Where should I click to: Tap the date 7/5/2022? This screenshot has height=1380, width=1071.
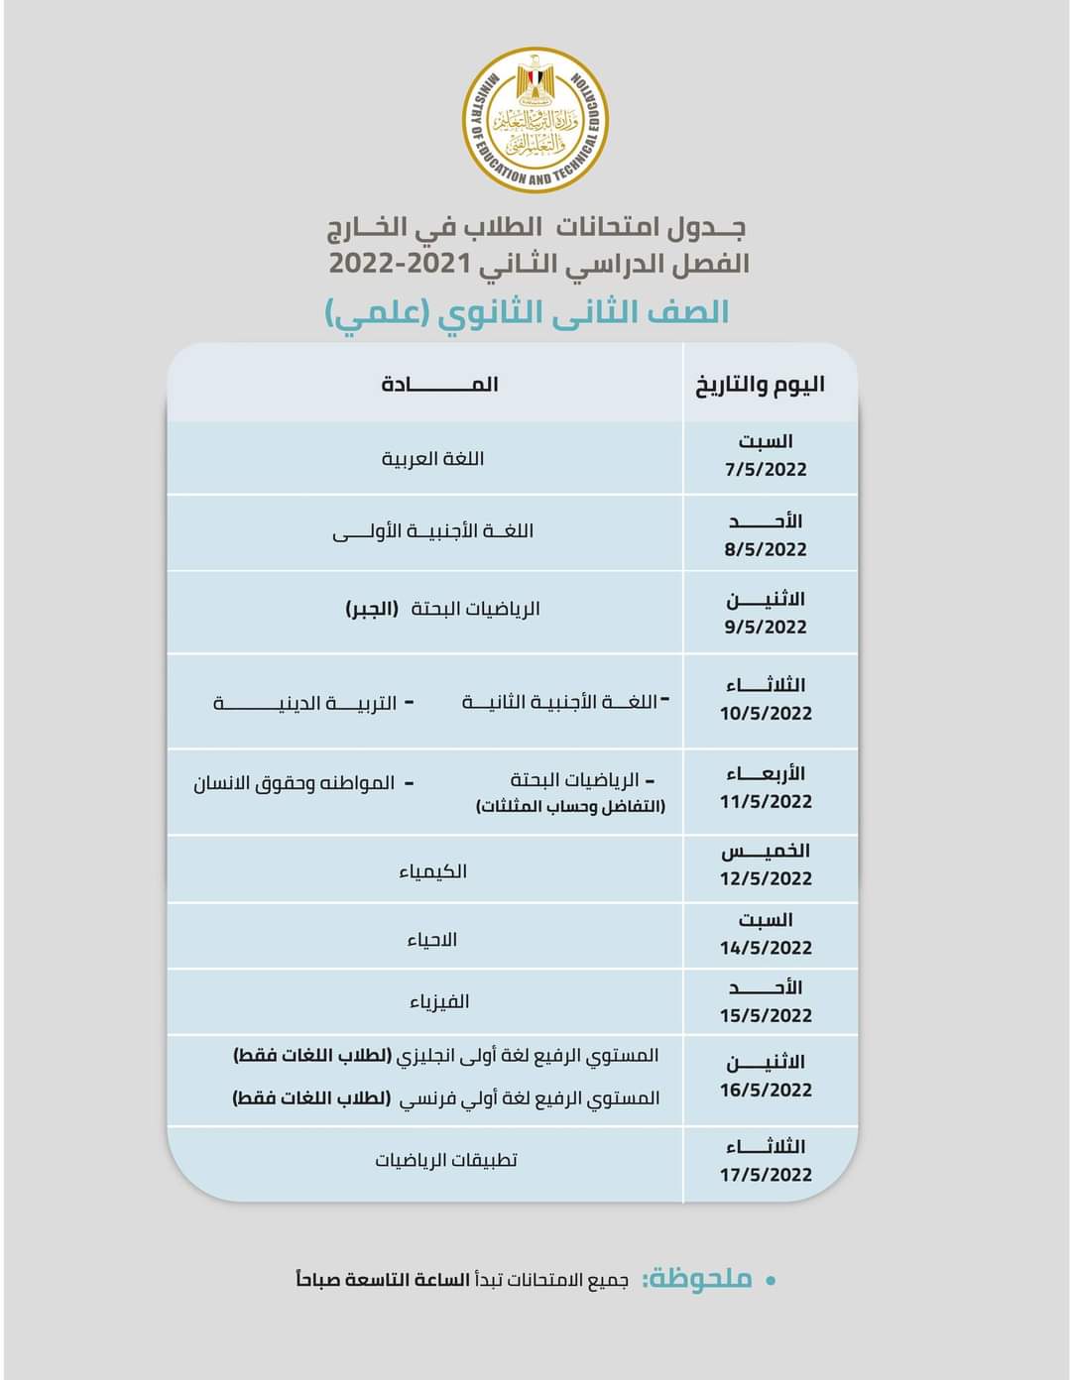[766, 470]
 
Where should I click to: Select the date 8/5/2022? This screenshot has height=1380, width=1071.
[766, 549]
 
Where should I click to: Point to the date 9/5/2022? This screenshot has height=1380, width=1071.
[766, 627]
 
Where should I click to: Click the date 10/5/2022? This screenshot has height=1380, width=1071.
[766, 713]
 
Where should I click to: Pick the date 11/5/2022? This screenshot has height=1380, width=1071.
[766, 801]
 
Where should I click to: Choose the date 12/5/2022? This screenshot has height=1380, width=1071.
[766, 878]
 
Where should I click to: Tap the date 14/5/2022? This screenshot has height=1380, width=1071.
[766, 948]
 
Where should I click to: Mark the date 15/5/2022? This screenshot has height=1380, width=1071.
[766, 1015]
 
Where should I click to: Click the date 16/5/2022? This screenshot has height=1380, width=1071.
[766, 1090]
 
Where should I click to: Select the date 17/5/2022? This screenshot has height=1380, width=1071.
[766, 1175]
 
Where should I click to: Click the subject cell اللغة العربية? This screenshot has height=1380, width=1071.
[433, 459]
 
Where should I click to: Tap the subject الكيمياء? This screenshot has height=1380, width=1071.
[433, 871]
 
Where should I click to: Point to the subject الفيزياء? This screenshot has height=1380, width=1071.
[439, 1002]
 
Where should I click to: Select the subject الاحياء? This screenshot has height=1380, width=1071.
[432, 939]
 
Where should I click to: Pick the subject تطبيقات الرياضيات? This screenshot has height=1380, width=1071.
[446, 1160]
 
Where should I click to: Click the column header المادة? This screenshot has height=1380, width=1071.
[439, 385]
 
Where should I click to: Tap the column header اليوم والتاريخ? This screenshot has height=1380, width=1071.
[761, 385]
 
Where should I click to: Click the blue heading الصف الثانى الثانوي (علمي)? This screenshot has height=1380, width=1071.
[528, 312]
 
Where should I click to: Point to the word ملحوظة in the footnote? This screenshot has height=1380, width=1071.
[698, 1279]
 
